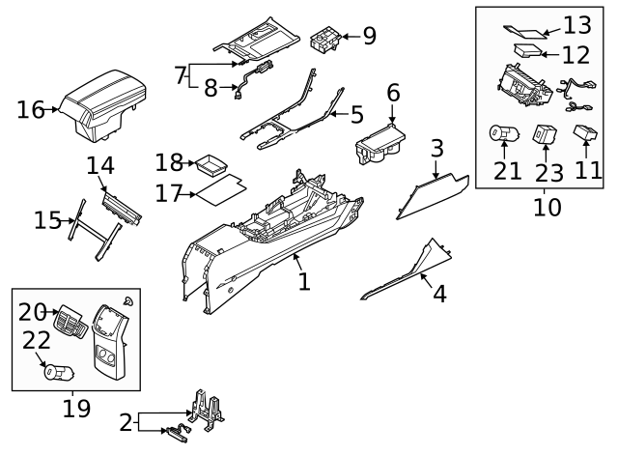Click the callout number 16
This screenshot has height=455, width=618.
[31, 109]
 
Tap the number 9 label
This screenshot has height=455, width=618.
[368, 37]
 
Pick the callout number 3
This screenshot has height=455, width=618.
[436, 149]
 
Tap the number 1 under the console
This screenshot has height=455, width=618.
[304, 281]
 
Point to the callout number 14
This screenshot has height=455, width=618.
[100, 166]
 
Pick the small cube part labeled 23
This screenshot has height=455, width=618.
[546, 132]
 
